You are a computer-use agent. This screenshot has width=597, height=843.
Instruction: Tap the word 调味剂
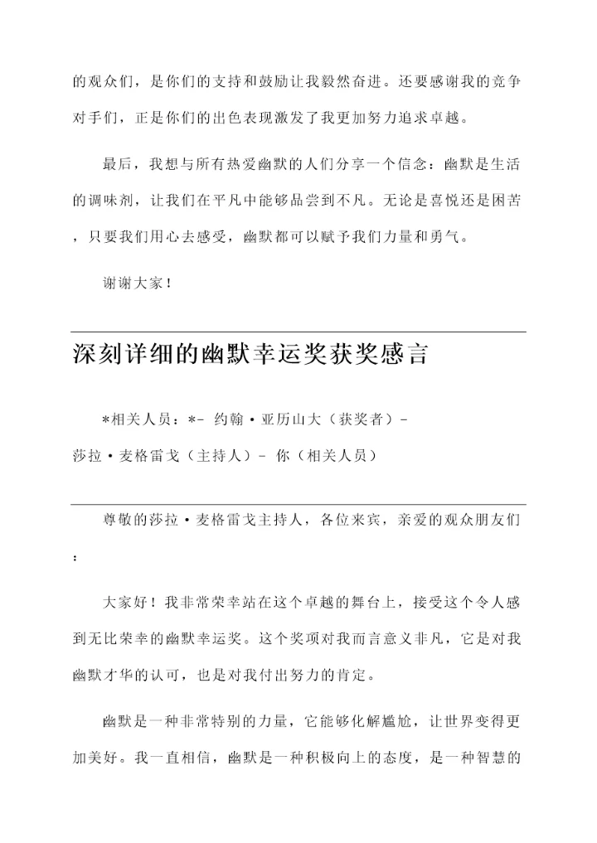tap(114, 201)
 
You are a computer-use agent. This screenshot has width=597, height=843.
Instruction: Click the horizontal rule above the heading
tap(298, 332)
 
